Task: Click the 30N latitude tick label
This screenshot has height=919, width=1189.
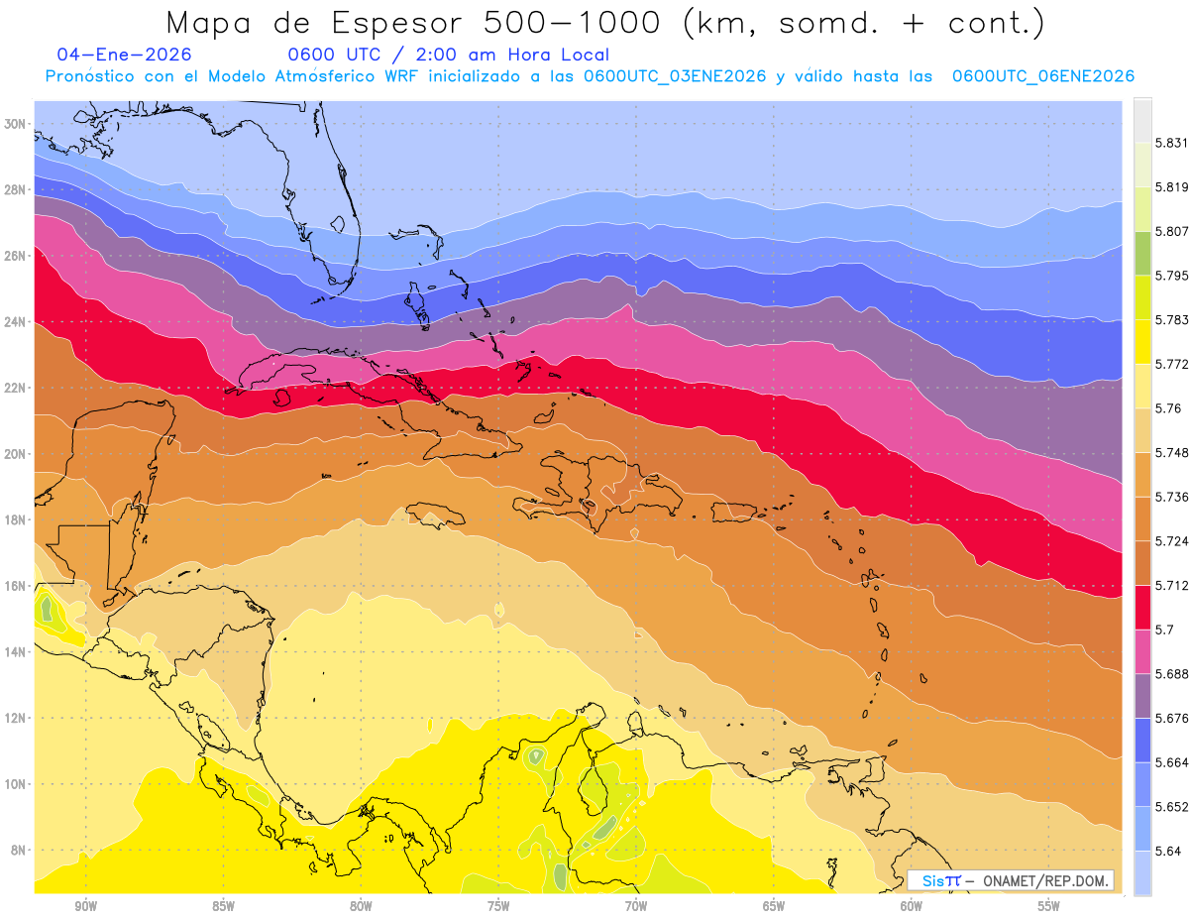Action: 15,124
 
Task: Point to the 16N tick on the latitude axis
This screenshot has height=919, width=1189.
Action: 15,586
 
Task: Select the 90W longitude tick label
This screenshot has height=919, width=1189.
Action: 85,906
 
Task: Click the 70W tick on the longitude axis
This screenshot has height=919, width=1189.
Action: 636,906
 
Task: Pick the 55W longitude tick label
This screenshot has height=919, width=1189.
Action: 1049,906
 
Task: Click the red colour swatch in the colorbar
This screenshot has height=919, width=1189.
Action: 1142,607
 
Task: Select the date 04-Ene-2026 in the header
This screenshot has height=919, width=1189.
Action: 124,55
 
